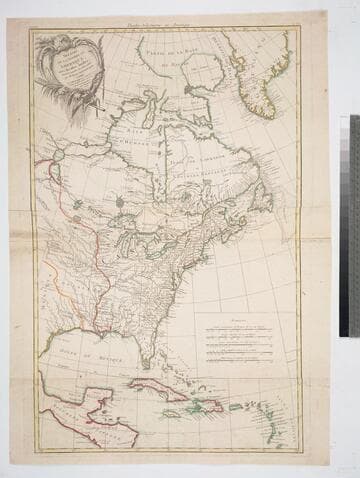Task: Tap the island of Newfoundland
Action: tap(263, 195)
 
